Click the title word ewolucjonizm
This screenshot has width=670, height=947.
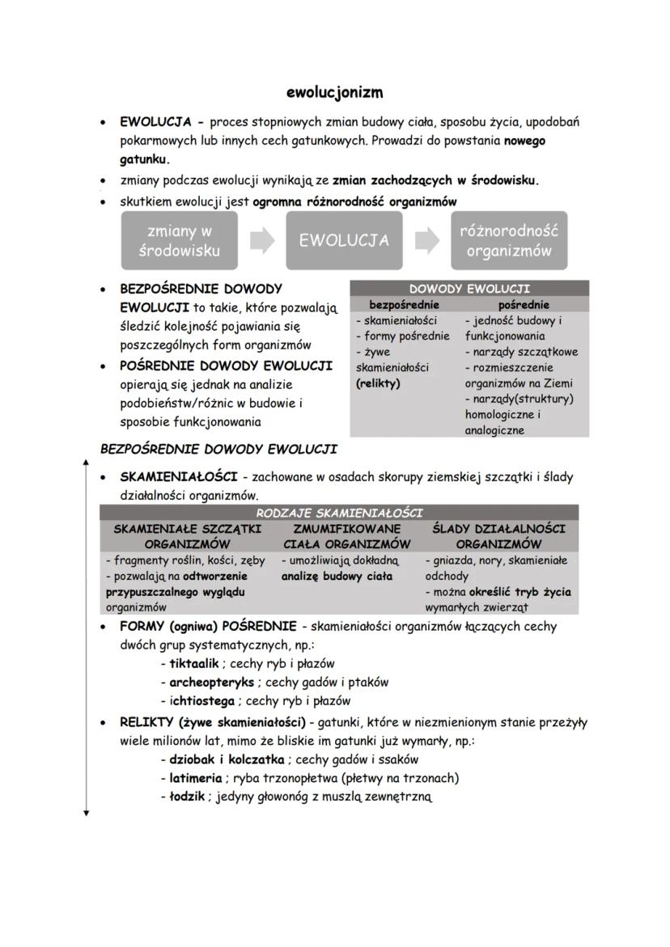coord(335,92)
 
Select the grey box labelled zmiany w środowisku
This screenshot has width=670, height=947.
coord(179,240)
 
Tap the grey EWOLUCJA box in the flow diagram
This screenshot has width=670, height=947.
coord(344,240)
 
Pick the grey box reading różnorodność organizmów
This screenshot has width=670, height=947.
coord(509,240)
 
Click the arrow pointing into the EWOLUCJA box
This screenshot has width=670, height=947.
coord(262,240)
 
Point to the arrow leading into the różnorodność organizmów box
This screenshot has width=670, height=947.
coord(427,240)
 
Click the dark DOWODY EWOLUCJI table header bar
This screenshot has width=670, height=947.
coord(469,289)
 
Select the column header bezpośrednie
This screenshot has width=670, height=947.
coord(404,305)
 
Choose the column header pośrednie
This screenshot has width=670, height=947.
coord(524,305)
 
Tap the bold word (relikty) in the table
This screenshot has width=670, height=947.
coord(378,383)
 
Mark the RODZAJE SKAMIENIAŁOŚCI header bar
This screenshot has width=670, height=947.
coord(339,513)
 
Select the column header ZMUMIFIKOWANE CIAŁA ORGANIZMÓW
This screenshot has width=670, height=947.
coord(346,535)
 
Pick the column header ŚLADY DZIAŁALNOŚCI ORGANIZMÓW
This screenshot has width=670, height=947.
coord(498,535)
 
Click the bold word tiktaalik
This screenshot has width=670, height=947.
coord(194,663)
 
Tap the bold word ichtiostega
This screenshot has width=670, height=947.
coord(201,701)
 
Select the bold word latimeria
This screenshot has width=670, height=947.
coord(195,778)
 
